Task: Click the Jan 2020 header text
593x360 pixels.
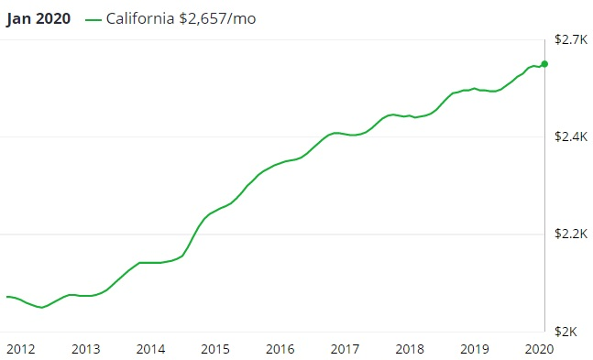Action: click(38, 19)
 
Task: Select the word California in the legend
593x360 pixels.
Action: click(141, 19)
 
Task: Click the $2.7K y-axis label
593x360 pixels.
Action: click(570, 39)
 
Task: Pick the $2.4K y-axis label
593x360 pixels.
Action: click(570, 137)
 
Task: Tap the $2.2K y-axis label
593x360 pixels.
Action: click(570, 235)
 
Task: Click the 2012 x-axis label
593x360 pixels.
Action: click(20, 349)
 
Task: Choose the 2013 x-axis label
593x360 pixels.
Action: click(85, 349)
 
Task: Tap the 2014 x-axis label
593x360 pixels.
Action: click(150, 349)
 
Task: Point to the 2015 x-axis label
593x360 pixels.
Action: click(215, 349)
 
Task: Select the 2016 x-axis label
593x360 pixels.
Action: click(280, 349)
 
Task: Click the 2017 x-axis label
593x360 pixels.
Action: click(346, 349)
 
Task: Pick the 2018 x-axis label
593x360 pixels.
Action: click(411, 349)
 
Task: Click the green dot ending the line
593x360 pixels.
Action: click(544, 64)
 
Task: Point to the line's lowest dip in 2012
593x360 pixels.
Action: click(42, 308)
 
